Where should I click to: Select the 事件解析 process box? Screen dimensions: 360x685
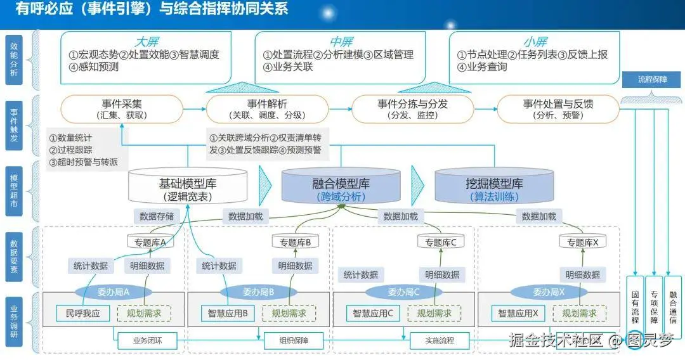pos(266,109)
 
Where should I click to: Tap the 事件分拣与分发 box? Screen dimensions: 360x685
pos(412,109)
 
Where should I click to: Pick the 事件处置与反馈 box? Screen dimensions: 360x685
pos(558,109)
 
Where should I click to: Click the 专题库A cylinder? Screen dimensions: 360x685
pos(150,242)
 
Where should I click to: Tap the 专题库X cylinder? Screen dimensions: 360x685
pos(582,242)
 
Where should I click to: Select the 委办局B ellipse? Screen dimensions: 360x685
pos(258,292)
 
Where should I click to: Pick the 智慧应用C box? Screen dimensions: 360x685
pos(372,313)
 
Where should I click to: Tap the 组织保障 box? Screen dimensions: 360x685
pos(292,340)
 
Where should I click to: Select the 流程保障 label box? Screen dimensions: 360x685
pos(653,80)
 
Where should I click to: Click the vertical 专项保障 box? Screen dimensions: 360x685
pos(654,307)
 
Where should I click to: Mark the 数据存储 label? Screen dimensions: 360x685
pos(157,216)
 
